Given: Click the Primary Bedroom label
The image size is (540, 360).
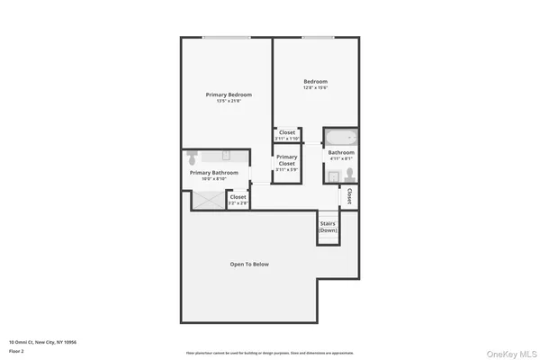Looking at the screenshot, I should [228, 94].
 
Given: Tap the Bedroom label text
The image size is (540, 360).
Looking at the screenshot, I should [314, 81].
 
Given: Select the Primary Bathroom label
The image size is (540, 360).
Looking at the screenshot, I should [213, 172].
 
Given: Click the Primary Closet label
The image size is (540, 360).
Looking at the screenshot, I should [286, 160].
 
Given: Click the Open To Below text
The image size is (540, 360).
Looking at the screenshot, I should [249, 264].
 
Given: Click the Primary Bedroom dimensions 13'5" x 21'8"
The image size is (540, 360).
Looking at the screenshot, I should [228, 101].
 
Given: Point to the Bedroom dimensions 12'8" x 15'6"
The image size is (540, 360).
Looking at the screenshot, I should [314, 87].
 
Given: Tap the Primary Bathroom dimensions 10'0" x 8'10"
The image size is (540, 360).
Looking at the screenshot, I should [213, 178].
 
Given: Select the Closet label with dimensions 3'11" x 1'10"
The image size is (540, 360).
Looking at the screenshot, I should [287, 135].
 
